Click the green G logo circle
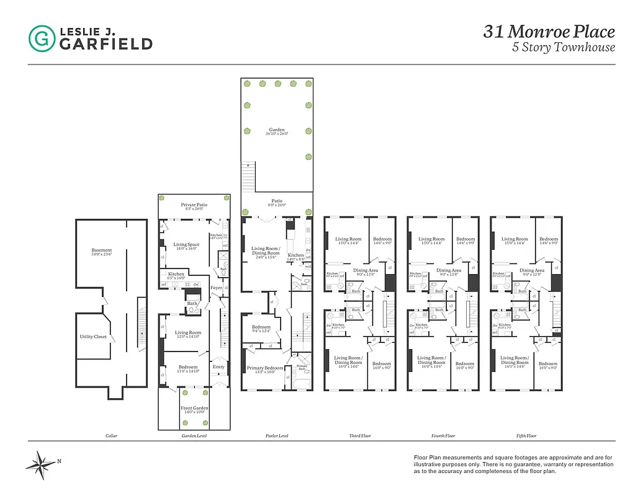click(x=42, y=38)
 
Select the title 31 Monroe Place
click(x=549, y=32)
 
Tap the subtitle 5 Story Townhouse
click(x=563, y=48)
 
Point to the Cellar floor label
click(x=111, y=436)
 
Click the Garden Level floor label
click(x=194, y=436)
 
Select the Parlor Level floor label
click(x=276, y=436)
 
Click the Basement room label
click(x=102, y=251)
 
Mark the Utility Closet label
click(x=93, y=337)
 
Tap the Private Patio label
click(x=194, y=205)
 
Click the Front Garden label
click(x=194, y=408)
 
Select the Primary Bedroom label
click(x=265, y=368)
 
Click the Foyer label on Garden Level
click(x=216, y=288)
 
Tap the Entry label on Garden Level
click(x=218, y=366)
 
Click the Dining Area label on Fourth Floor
click(x=449, y=270)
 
